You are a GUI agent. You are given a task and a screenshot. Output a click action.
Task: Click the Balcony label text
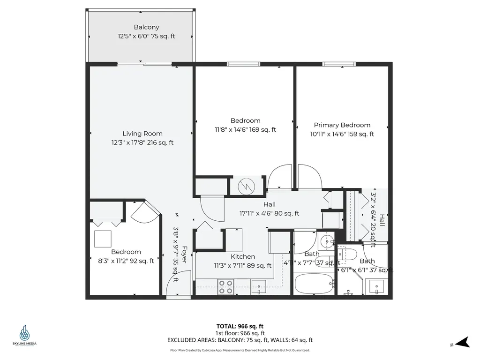(x=146, y=27)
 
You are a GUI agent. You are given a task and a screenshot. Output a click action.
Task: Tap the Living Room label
(x=142, y=134)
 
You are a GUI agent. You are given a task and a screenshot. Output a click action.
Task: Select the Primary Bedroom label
(x=342, y=125)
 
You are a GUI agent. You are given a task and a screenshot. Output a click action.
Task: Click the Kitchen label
(x=243, y=256)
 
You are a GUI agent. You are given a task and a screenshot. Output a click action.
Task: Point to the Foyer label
(x=184, y=255)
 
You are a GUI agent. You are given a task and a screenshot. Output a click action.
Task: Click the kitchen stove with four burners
(x=226, y=286)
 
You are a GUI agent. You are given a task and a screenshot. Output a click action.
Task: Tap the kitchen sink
(x=258, y=286)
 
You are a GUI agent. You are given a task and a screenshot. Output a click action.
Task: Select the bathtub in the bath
(x=314, y=283)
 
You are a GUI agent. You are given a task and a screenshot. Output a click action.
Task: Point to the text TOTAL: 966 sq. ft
(x=243, y=326)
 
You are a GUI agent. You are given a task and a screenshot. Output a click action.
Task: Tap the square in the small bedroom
(x=103, y=239)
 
